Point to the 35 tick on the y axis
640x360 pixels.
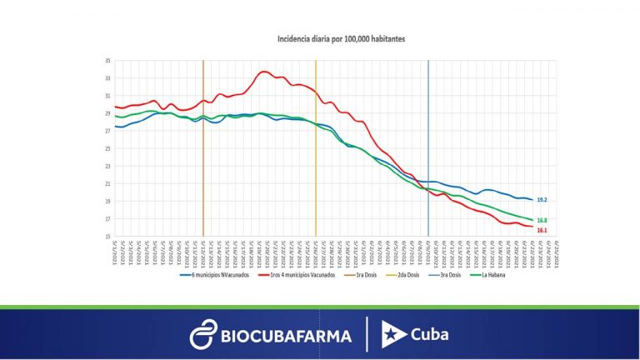pyautogui.click(x=107, y=61)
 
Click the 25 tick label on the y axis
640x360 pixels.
pyautogui.click(x=107, y=148)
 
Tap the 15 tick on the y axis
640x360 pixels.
pyautogui.click(x=107, y=237)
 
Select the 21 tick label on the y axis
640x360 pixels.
pyautogui.click(x=107, y=183)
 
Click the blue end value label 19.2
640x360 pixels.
pyautogui.click(x=541, y=201)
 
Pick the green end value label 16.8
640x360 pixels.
pyautogui.click(x=541, y=220)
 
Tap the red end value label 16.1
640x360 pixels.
pyautogui.click(x=541, y=230)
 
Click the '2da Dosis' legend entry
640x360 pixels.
pyautogui.click(x=417, y=274)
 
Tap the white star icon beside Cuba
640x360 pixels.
pyautogui.click(x=393, y=334)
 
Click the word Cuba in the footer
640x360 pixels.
pyautogui.click(x=429, y=334)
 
